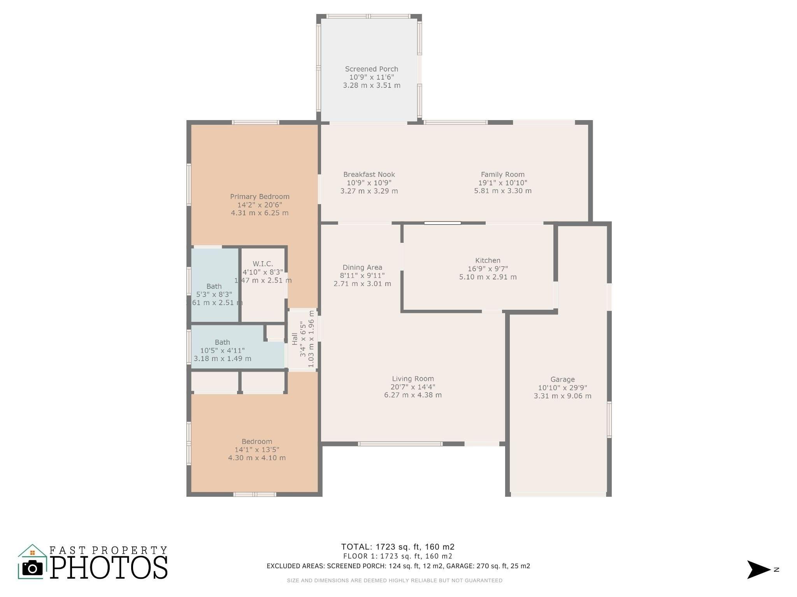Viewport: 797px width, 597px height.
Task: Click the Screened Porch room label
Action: (371, 69)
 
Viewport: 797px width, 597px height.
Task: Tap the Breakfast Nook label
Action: (369, 175)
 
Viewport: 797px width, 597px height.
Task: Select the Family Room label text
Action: (502, 175)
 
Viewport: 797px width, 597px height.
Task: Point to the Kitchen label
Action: (488, 260)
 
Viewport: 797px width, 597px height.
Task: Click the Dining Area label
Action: (362, 267)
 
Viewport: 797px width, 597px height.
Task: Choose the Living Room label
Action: (413, 379)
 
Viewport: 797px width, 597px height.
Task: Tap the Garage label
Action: (562, 379)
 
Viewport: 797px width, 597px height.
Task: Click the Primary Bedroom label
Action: (260, 197)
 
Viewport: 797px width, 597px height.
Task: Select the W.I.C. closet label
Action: (263, 264)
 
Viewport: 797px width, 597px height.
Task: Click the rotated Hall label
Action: (295, 339)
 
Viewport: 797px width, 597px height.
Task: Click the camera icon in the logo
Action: (32, 568)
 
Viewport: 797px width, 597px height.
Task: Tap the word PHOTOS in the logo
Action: (109, 567)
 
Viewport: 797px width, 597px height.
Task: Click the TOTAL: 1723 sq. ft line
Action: (398, 547)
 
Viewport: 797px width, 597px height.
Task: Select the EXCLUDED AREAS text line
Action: (398, 566)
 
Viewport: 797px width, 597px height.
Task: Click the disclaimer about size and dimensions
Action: (395, 580)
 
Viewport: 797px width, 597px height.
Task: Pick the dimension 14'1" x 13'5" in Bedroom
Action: (256, 450)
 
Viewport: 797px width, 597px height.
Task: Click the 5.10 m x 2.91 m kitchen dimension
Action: (488, 277)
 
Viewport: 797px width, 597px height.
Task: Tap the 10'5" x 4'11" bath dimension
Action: (222, 351)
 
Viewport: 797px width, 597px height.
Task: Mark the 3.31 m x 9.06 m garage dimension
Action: (562, 396)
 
